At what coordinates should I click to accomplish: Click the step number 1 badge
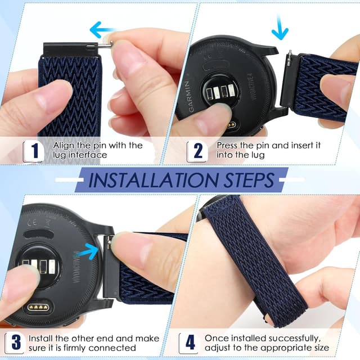34,150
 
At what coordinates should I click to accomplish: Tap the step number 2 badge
198,150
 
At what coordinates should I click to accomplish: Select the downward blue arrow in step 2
280,27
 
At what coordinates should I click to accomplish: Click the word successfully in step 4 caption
293,339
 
